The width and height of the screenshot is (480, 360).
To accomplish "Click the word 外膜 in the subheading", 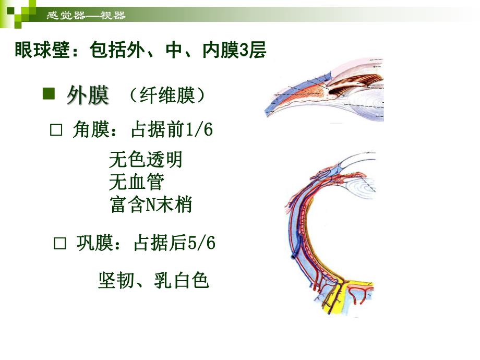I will click(x=88, y=95).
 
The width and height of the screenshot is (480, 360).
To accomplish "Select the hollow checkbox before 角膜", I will click(x=56, y=130).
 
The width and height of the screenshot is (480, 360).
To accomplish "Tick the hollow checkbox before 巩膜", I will click(x=61, y=243).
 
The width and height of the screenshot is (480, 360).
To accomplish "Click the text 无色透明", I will click(x=146, y=159).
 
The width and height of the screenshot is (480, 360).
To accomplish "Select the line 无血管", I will click(x=137, y=182).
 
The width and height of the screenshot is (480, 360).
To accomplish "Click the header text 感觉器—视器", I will click(x=86, y=16).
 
